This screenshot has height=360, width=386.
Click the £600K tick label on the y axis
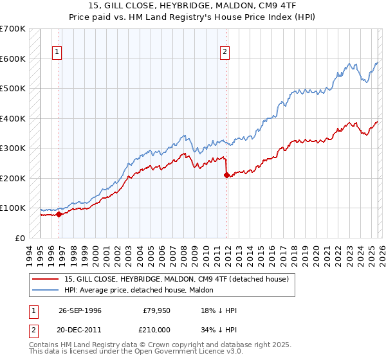pos(13,59)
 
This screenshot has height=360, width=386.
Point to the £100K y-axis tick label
pos(13,208)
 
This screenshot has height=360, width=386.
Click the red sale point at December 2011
pos(226,175)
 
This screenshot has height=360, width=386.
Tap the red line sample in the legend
pos(46,279)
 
